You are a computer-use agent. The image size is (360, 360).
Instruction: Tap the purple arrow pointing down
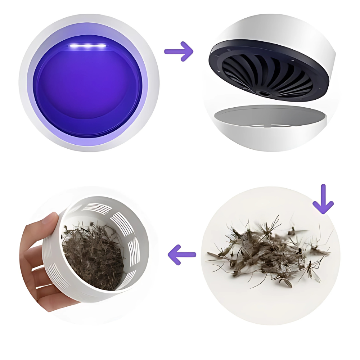[323, 200]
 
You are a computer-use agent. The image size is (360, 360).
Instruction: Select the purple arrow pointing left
[182, 255]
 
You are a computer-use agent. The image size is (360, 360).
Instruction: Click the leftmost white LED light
[75, 46]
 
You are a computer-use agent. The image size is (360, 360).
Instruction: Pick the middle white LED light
[88, 46]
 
